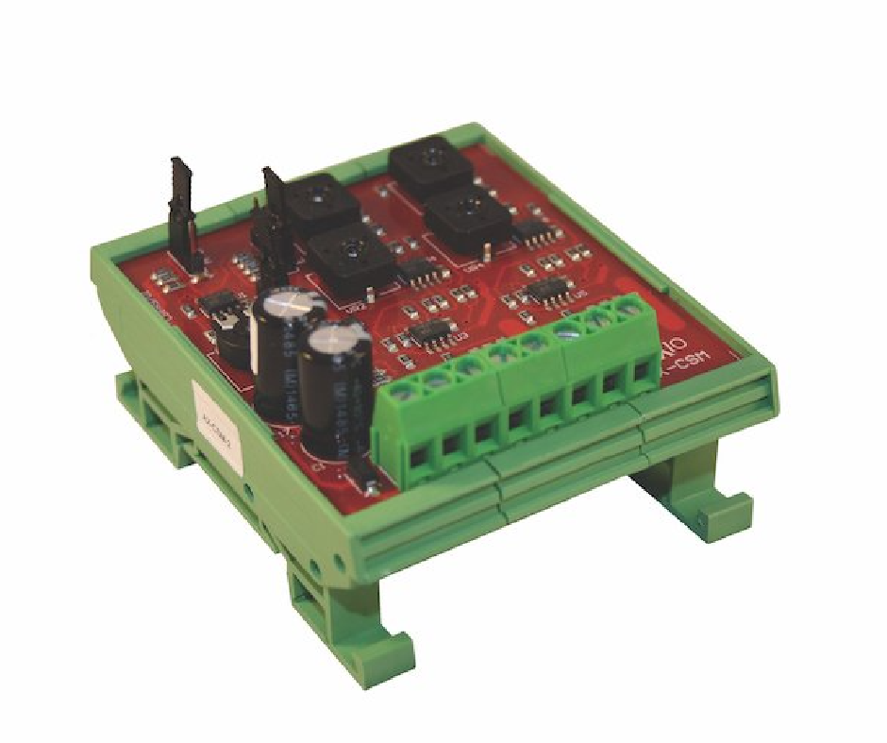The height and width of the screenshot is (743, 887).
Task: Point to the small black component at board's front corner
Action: [x=371, y=486]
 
